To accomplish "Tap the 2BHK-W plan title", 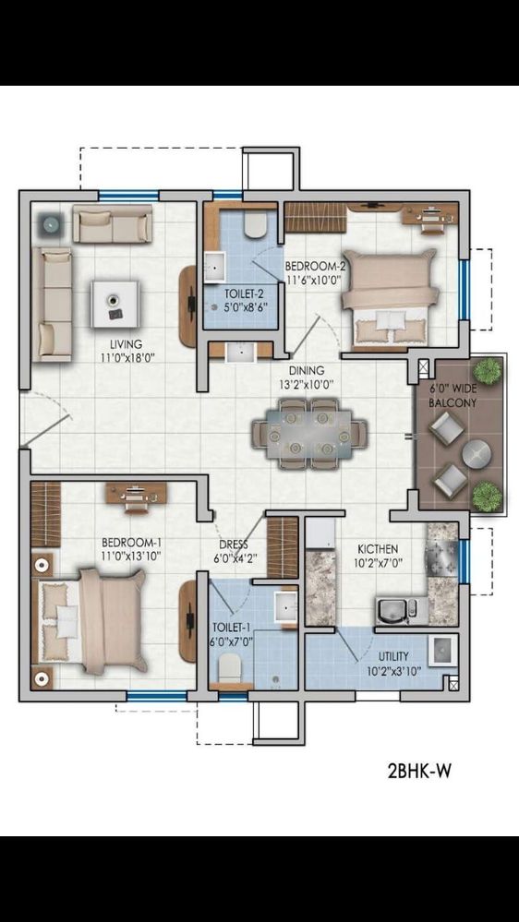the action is (419, 770).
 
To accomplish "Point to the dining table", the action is (309, 435).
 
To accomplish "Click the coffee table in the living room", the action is (115, 304).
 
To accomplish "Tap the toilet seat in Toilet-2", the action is (256, 226).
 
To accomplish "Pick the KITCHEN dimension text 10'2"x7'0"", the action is (378, 561).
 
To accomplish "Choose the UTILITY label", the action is (394, 655).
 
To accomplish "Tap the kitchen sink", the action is (393, 612).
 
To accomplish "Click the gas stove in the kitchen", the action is (443, 553).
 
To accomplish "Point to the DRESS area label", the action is (234, 544).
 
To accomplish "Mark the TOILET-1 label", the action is (230, 629).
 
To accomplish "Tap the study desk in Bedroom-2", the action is (431, 218).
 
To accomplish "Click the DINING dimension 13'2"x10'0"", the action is (307, 384).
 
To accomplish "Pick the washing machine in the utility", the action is (442, 651).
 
